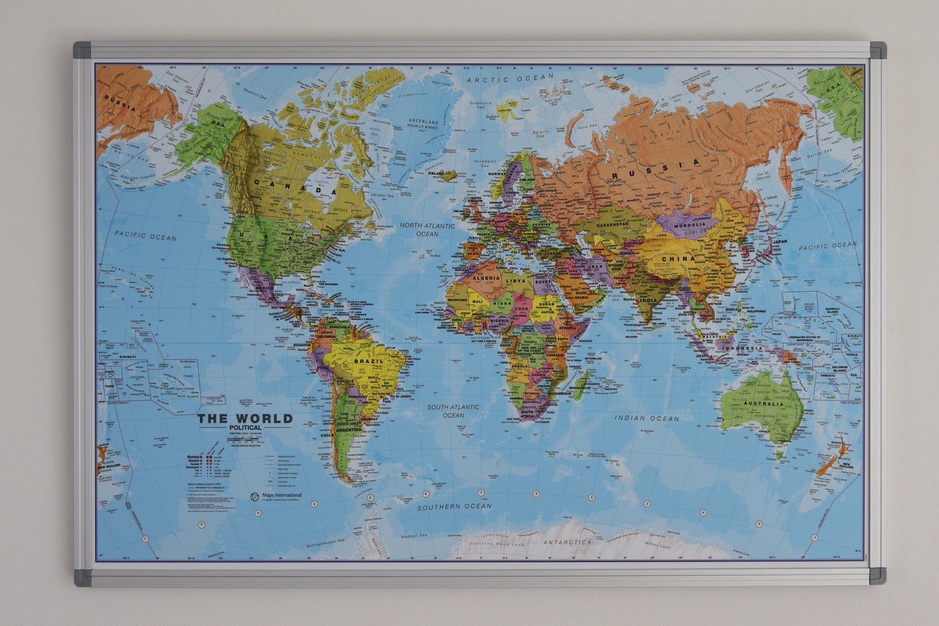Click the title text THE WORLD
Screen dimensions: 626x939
(x=245, y=419)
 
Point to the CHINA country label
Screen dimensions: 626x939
(x=679, y=258)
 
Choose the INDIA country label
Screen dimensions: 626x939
(x=647, y=300)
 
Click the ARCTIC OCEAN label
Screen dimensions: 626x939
(x=510, y=79)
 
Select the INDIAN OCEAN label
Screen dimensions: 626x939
(x=647, y=418)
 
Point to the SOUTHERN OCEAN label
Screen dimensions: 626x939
(x=454, y=506)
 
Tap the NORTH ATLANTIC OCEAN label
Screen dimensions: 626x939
(x=428, y=230)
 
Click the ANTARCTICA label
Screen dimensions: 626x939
(x=567, y=542)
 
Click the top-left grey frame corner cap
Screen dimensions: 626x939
(x=82, y=49)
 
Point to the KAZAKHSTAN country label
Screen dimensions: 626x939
(x=613, y=223)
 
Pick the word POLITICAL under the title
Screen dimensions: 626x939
(x=245, y=428)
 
